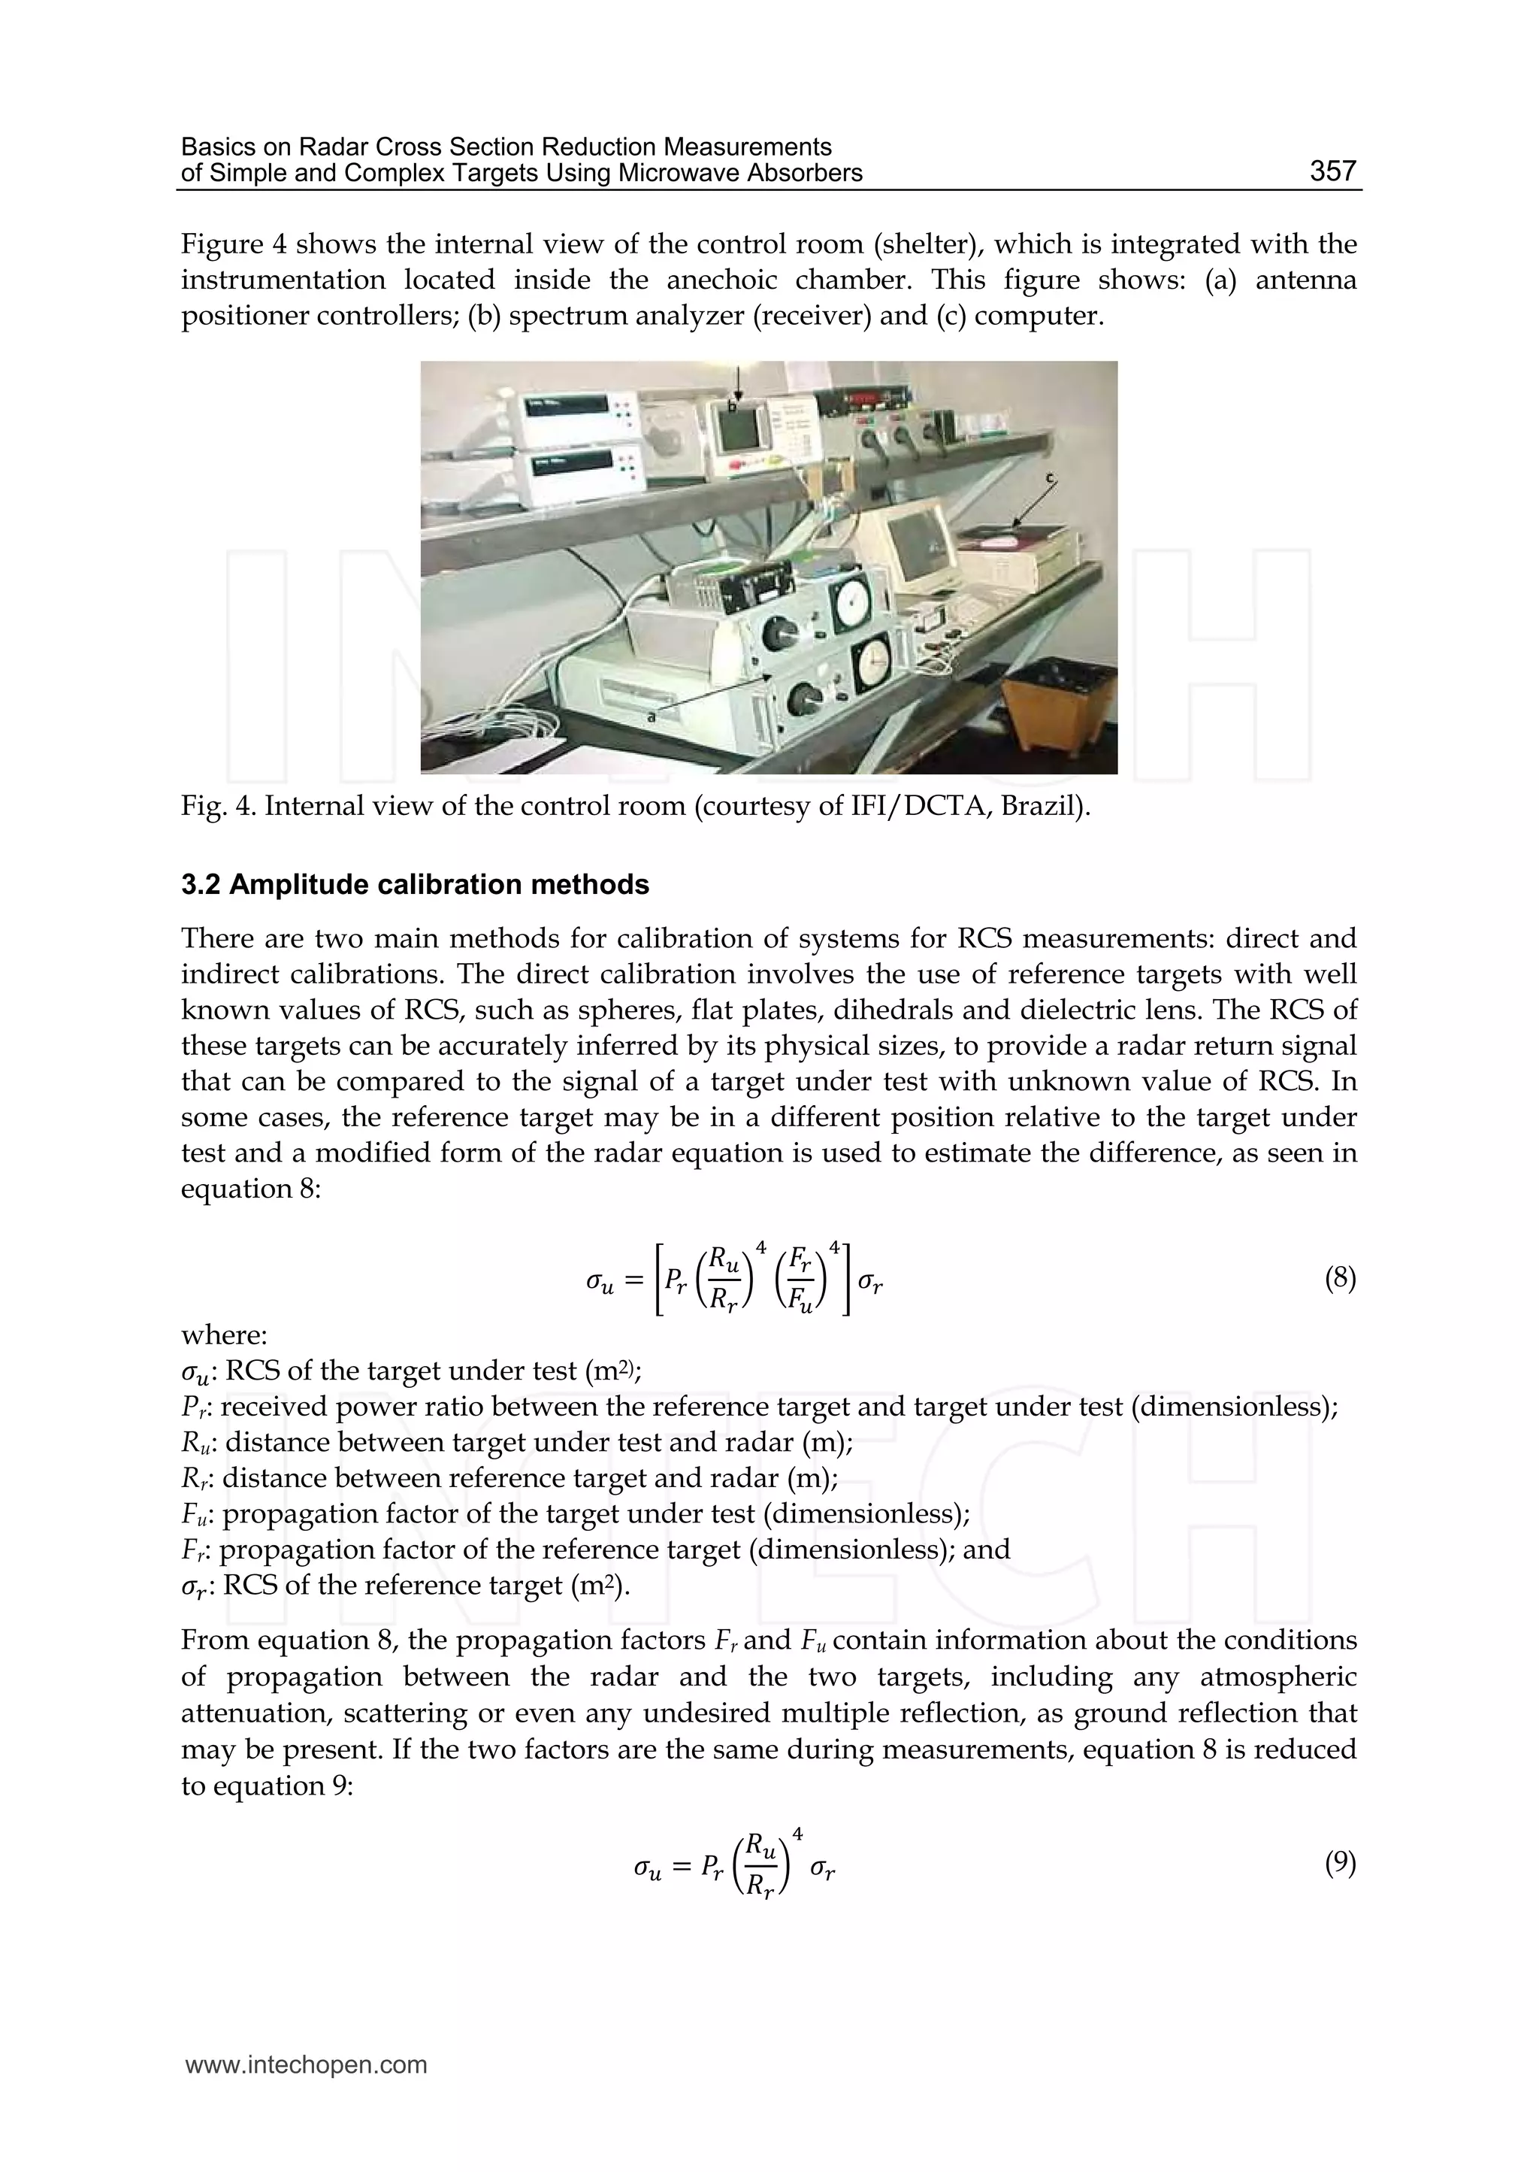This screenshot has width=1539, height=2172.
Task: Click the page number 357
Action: click(1332, 171)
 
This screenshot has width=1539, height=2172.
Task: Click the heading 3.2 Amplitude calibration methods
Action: click(415, 885)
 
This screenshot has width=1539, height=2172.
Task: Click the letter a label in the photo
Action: click(651, 718)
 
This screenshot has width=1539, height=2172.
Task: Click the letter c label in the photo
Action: click(1049, 480)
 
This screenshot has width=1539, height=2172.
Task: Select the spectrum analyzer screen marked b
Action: click(741, 429)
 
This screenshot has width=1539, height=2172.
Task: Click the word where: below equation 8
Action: click(224, 1335)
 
